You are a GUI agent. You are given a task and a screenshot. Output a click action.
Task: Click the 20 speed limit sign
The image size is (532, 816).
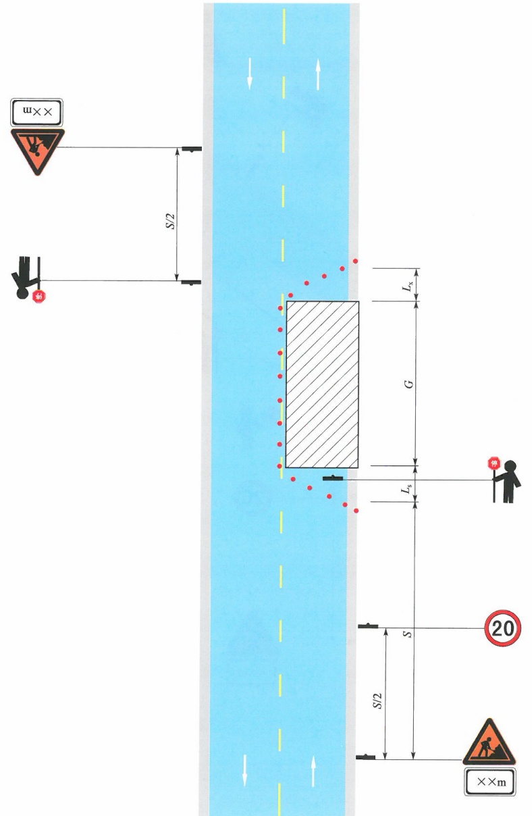502,628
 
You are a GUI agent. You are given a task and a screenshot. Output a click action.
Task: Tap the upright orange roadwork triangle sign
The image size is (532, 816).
489,742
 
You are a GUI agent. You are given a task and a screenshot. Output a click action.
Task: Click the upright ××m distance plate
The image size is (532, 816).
490,782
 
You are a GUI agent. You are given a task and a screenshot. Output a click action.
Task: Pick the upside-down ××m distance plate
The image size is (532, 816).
36,112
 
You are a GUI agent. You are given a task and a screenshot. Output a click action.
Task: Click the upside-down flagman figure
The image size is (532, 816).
26,278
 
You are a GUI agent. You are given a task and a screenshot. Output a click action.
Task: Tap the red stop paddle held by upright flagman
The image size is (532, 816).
494,463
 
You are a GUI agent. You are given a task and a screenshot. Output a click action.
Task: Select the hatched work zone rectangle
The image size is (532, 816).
322,384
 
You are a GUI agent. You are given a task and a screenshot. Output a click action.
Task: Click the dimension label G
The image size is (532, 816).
410,384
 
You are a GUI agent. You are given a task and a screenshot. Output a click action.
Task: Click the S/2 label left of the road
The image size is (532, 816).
170,221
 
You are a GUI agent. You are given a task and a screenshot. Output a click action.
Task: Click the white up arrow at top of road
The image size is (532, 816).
318,74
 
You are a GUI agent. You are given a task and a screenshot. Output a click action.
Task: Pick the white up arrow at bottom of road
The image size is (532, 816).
313,771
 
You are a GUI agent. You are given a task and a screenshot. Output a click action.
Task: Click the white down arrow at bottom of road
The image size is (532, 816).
244,770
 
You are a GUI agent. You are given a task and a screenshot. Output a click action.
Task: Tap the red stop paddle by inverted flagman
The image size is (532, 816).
39,297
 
